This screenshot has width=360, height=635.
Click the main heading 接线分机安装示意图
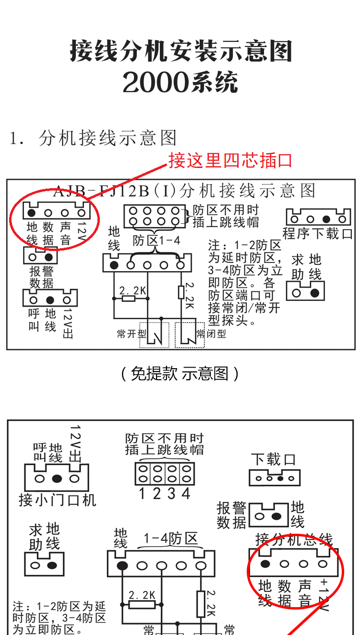click(180, 51)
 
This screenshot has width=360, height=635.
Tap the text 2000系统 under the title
click(180, 83)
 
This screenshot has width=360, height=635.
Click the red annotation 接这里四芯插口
click(230, 161)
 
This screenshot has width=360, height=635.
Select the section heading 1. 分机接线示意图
click(94, 138)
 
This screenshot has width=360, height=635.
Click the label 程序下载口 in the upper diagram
click(318, 234)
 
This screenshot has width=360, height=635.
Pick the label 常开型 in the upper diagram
click(128, 334)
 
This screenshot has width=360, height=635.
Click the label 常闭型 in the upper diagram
click(211, 334)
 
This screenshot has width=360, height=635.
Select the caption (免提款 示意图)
click(180, 373)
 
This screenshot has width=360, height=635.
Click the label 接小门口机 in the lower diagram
click(57, 500)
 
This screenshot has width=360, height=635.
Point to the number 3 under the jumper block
click(171, 493)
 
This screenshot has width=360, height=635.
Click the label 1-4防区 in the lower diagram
click(171, 539)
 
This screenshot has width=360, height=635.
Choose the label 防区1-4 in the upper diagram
click(157, 240)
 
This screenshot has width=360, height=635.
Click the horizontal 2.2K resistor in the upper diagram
click(128, 299)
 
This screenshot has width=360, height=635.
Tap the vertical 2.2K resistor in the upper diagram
click(181, 292)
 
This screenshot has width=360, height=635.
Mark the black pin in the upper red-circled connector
click(31, 213)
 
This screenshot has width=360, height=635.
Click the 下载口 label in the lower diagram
click(274, 460)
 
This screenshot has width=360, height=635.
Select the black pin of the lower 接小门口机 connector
click(57, 478)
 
